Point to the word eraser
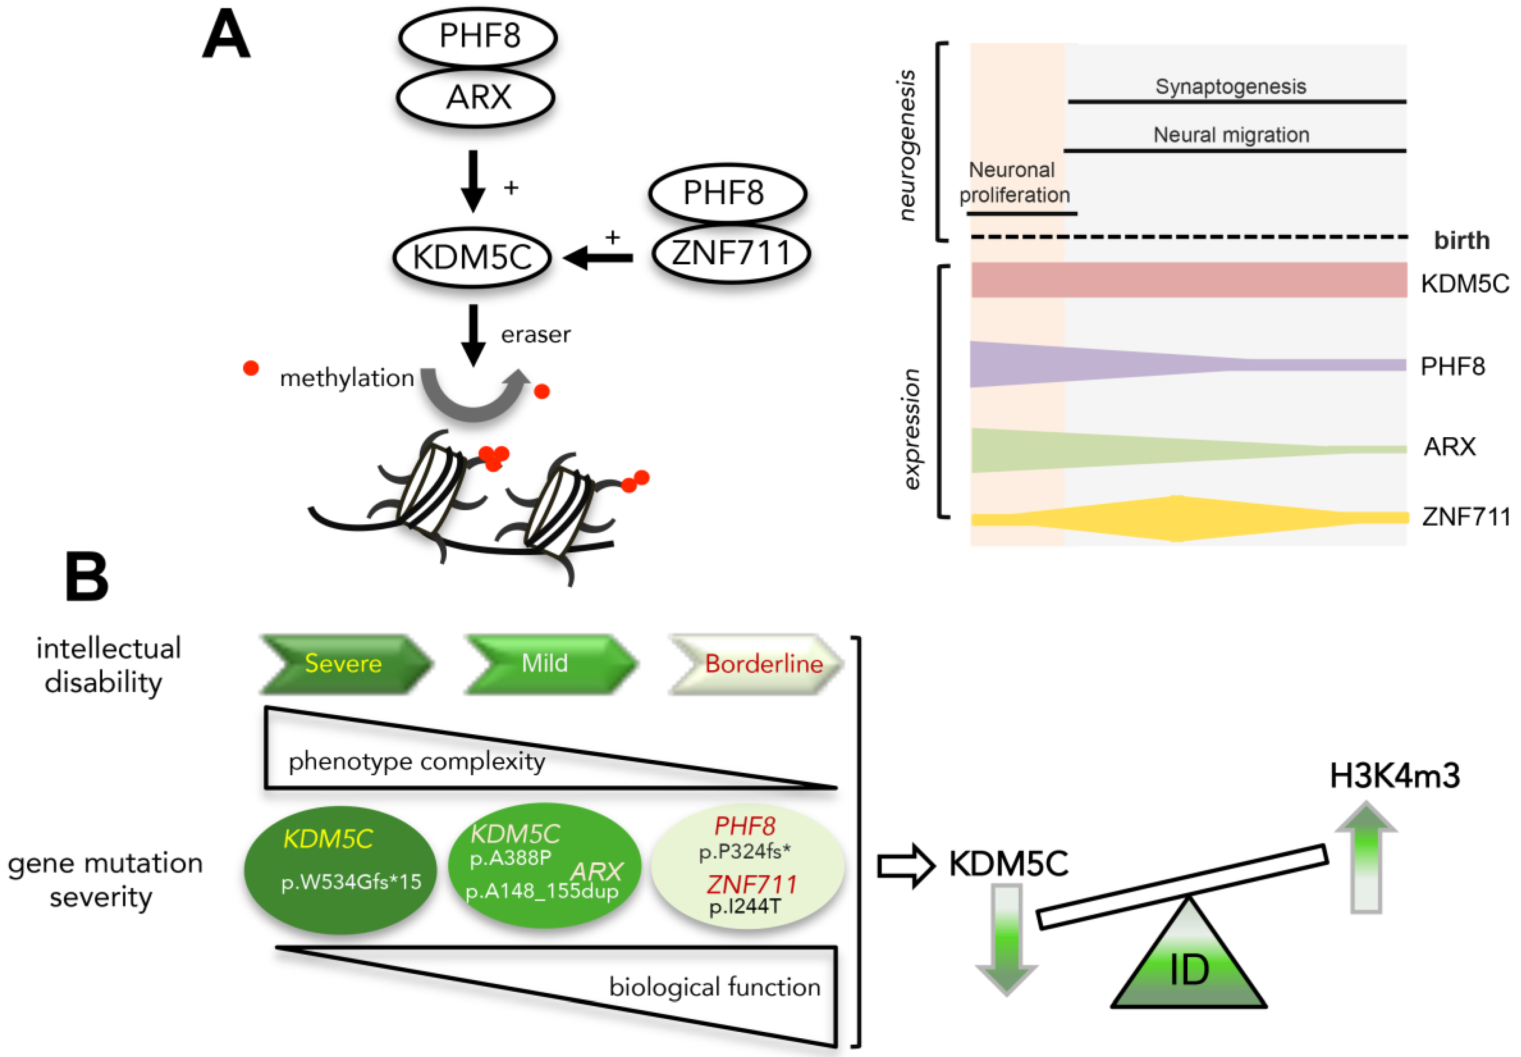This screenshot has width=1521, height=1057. (x=535, y=335)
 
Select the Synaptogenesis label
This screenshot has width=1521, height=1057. (x=1230, y=86)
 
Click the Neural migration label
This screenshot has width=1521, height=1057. (x=1231, y=134)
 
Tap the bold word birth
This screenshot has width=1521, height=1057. (x=1461, y=240)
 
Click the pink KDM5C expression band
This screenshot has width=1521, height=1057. (x=1189, y=280)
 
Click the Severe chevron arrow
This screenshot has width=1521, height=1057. (x=344, y=664)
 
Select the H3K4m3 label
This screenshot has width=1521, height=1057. (x=1394, y=776)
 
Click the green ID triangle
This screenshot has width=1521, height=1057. (x=1189, y=967)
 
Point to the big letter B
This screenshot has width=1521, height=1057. (x=86, y=577)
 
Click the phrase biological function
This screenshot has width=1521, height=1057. (x=714, y=987)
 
